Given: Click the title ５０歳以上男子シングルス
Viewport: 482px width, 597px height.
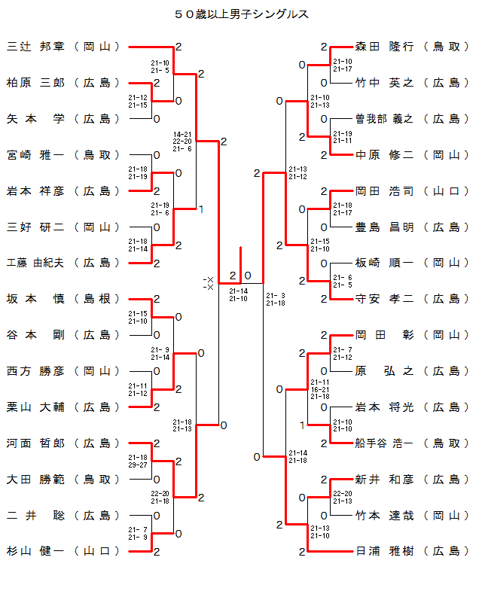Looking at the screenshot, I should coord(241,14).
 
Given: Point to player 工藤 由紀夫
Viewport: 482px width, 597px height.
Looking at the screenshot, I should coord(37,263).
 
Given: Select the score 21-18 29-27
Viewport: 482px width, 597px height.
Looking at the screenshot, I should coord(138,461).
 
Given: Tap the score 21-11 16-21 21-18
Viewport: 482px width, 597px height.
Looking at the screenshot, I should coord(319,389).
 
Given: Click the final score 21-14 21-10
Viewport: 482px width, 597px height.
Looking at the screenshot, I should coord(239,294).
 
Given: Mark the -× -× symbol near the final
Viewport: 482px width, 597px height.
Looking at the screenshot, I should coord(209,284).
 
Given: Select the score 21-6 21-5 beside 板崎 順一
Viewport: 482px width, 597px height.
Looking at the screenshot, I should coord(343,281).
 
